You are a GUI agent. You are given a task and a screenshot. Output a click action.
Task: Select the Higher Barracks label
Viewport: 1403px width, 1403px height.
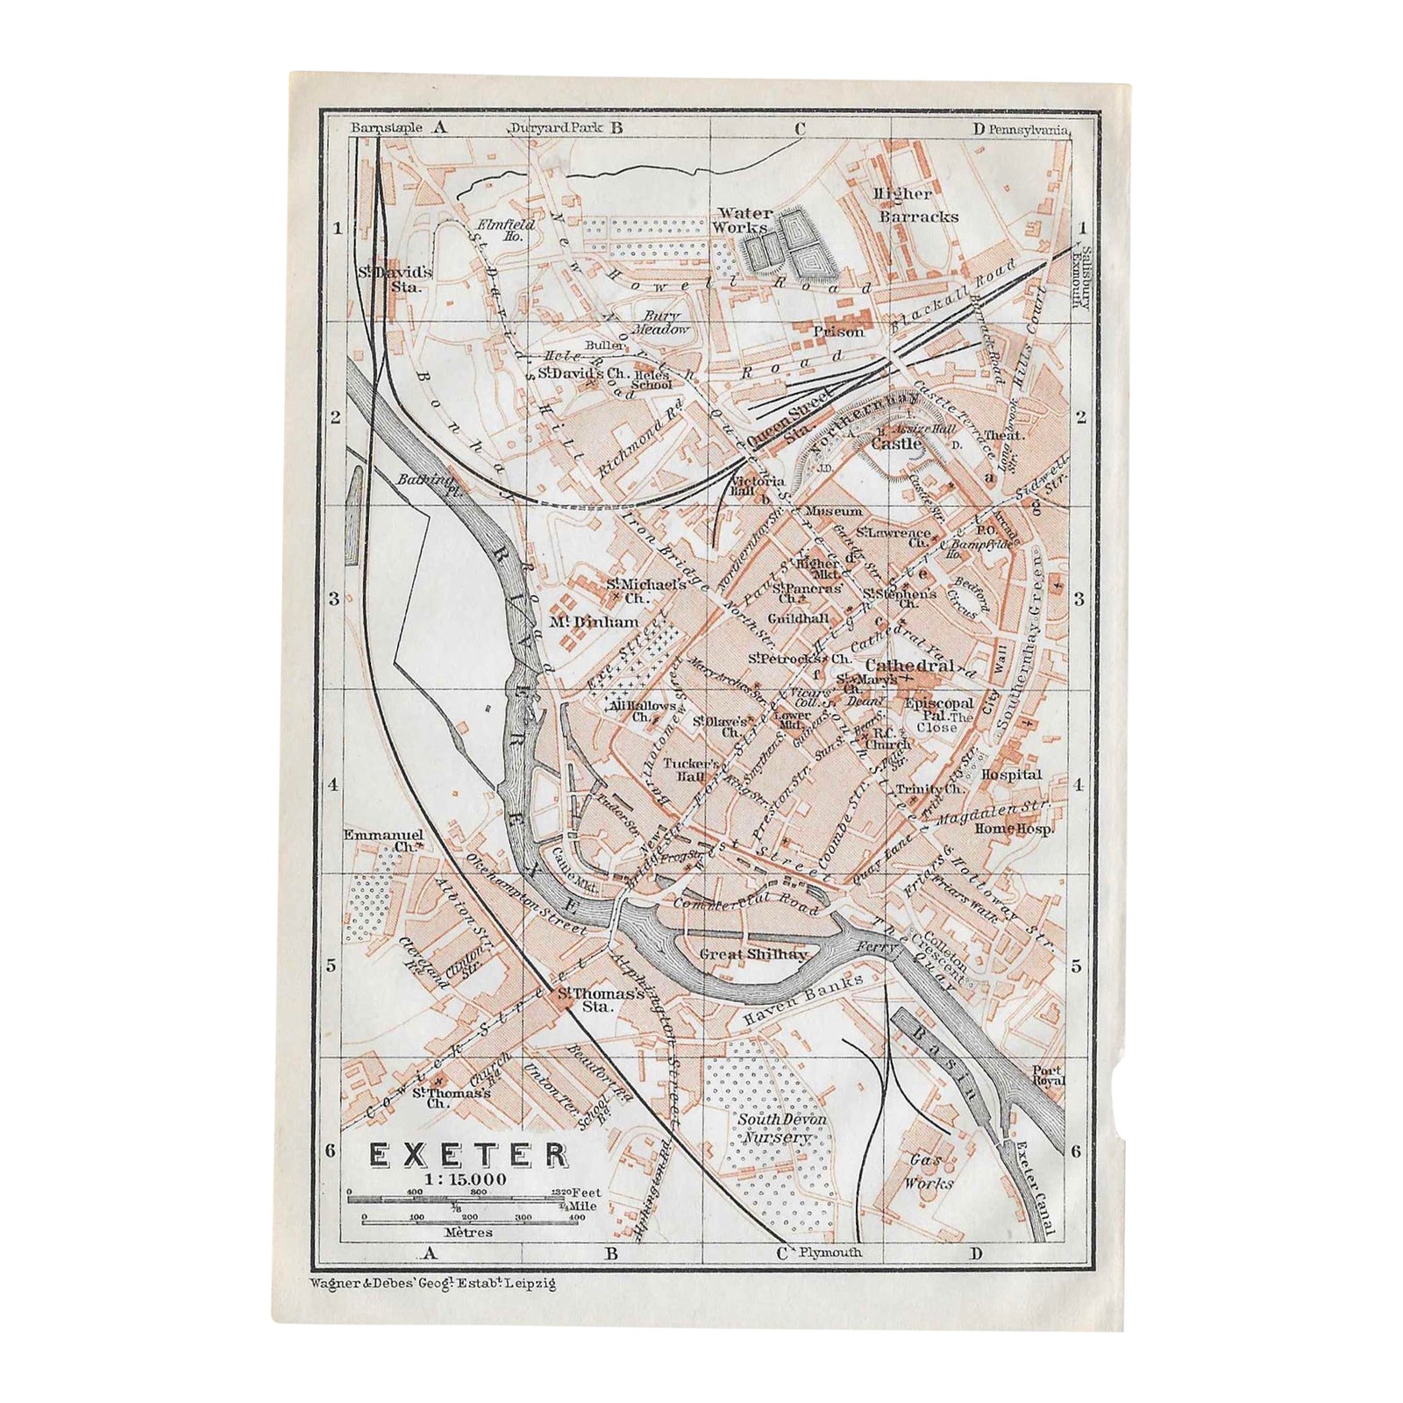[x=916, y=204]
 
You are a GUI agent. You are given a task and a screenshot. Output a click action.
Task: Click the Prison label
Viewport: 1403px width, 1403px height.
[x=838, y=332]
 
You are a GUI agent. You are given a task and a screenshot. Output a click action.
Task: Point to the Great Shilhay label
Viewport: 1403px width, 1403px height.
[x=753, y=954]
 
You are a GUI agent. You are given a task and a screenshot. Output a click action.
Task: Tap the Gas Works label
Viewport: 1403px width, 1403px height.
[x=930, y=1172]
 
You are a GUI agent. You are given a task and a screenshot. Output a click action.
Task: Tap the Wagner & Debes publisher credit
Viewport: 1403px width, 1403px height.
[x=432, y=1282]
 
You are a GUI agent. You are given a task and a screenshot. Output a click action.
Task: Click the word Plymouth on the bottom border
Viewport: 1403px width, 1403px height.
[x=828, y=1253]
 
